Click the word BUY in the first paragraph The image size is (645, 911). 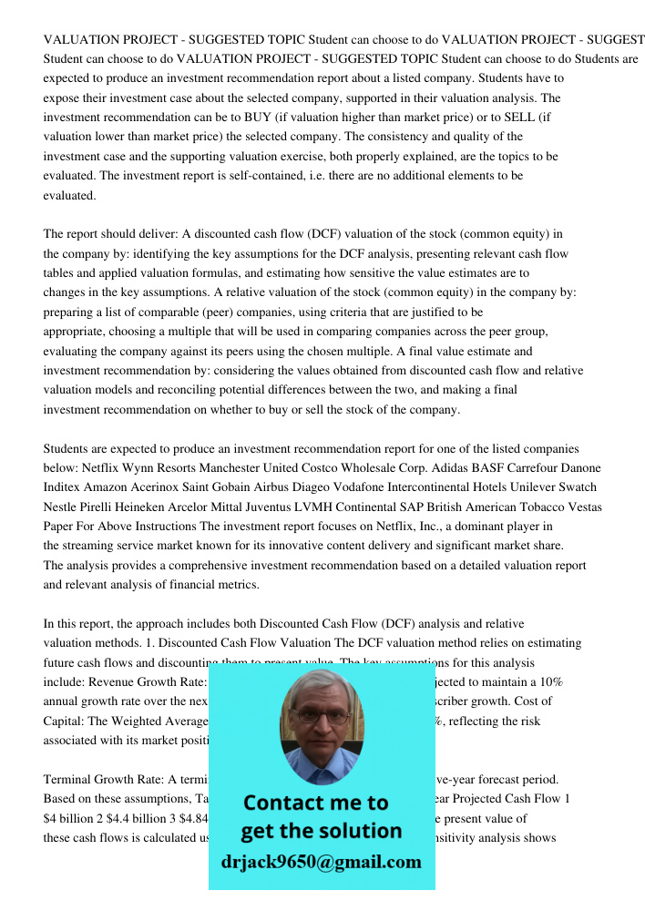pos(258,118)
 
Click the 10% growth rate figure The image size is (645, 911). pos(554,682)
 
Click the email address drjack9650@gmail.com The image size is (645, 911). pos(321,862)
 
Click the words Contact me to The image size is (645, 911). pos(316,803)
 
